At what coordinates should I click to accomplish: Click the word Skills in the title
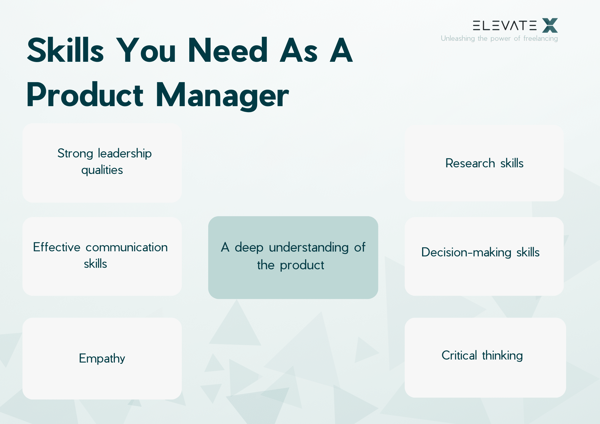click(65, 50)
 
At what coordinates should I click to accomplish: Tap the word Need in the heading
click(227, 50)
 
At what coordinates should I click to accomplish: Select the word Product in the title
click(85, 95)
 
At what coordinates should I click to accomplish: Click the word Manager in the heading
click(222, 95)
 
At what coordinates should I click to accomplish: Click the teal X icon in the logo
click(550, 25)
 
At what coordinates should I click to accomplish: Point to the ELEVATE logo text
click(505, 25)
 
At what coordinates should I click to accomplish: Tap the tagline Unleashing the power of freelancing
click(499, 38)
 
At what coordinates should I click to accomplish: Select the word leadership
click(125, 154)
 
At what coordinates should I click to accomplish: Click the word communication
click(127, 247)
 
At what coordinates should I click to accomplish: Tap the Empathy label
click(102, 358)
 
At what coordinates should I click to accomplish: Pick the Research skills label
click(484, 163)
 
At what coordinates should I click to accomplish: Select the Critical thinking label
click(482, 356)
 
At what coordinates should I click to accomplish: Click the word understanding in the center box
click(309, 248)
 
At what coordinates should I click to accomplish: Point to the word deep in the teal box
click(249, 248)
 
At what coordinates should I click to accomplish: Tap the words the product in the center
click(290, 265)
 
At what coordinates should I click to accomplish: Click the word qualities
click(102, 170)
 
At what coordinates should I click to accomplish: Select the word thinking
click(502, 356)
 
